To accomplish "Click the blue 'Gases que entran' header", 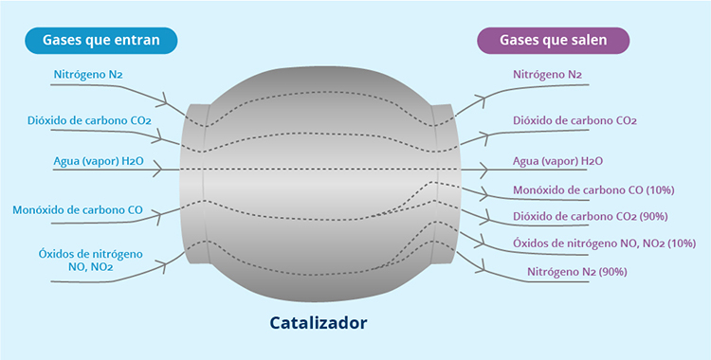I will [x=100, y=40].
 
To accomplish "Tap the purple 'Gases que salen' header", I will [x=554, y=40].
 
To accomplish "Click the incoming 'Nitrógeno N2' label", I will [x=86, y=73].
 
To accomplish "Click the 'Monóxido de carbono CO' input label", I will [x=78, y=209].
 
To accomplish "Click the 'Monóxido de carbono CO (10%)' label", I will [x=593, y=189].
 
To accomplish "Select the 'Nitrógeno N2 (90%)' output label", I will [x=577, y=273].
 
